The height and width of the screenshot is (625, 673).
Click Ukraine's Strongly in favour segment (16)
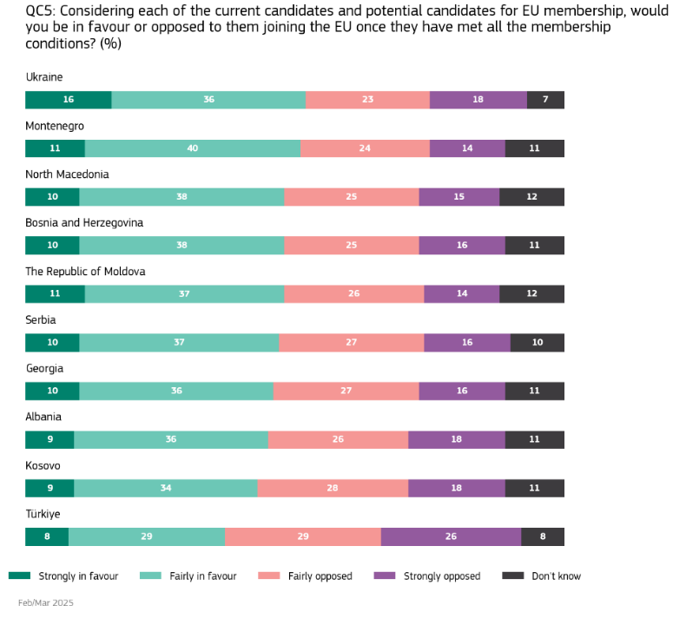coord(69,100)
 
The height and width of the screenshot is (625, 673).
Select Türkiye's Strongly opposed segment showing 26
coord(451,537)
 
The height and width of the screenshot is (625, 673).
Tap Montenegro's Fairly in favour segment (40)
coord(193,148)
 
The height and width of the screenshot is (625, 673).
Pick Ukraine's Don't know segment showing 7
coord(545,100)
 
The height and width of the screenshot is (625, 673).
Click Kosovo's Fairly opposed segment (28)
coord(333,489)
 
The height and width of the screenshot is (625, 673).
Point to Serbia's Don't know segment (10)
coord(538,343)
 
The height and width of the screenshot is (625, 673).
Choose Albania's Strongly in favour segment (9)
coord(49,440)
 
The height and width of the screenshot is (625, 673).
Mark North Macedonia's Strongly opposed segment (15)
coord(459,197)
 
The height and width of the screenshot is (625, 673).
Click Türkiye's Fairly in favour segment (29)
coord(147,537)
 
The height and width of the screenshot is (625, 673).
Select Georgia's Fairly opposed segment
coord(346,391)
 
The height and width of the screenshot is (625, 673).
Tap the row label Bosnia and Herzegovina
coord(84,223)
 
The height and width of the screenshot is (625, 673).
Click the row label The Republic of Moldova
coord(85,272)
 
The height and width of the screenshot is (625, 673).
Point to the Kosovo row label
coord(43,466)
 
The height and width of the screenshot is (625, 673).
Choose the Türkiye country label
coord(43,515)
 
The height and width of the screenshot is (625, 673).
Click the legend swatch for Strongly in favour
coord(19,576)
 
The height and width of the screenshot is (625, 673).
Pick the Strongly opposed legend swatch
coord(384,576)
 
